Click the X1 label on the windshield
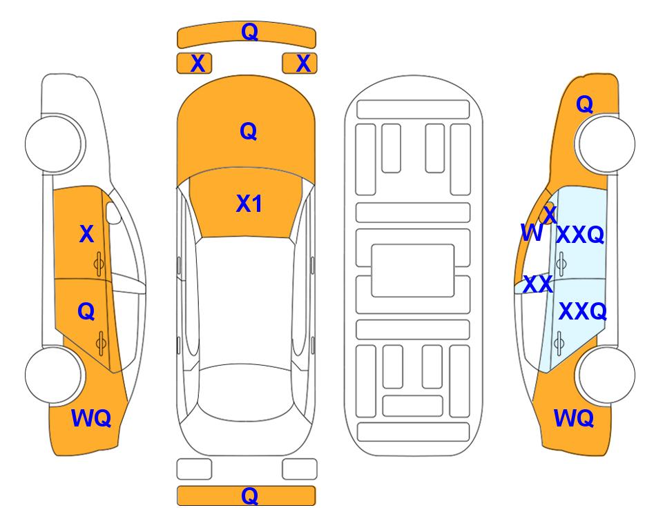249,204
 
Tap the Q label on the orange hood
249,131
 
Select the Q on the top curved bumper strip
249,31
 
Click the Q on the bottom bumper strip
249,495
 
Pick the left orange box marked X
194,63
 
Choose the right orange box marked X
300,63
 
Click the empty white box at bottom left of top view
194,469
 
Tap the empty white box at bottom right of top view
300,469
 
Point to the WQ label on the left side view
91,418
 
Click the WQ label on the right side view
574,418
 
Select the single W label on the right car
532,233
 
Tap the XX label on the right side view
538,284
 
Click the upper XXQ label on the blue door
580,235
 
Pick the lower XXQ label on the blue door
583,312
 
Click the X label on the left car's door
86,234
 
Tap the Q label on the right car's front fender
584,104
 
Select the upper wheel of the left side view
54,144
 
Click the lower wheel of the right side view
606,375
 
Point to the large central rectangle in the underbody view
413,271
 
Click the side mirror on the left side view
113,213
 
